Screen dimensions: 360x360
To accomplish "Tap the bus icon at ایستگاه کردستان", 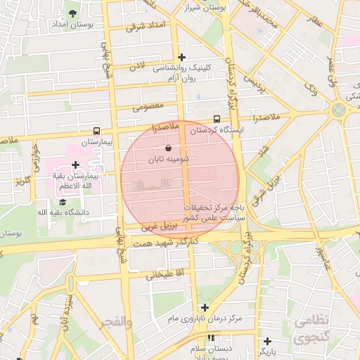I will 217,119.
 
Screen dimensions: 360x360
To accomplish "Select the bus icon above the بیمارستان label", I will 96,131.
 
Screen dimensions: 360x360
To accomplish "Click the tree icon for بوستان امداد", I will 73,13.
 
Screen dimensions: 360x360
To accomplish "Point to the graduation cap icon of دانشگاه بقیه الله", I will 63,202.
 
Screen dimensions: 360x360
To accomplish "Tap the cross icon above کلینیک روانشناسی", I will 182,57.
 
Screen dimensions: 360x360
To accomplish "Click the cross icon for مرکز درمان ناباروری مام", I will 205,307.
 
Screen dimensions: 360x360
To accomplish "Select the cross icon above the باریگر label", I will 267,341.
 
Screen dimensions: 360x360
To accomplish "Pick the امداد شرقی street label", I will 146,26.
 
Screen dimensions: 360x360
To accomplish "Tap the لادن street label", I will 136,66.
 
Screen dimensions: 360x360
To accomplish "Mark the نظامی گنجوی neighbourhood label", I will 311,329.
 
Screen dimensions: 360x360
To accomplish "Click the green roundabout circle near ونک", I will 339,109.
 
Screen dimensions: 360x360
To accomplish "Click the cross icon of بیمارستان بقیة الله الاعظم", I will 75,165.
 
